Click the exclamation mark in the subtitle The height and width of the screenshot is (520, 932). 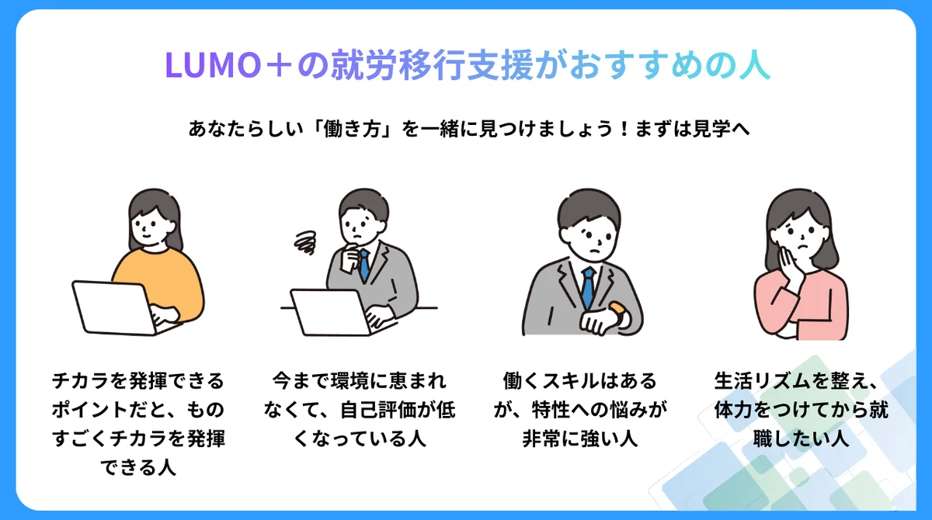623,129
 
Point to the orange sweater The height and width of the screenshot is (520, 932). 162,279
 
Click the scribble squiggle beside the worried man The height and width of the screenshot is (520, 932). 305,242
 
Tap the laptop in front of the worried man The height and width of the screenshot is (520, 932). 333,312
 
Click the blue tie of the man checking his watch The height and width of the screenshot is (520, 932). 589,288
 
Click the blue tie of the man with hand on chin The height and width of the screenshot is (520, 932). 364,265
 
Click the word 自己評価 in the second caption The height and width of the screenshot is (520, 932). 377,410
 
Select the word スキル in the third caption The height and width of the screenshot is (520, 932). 570,381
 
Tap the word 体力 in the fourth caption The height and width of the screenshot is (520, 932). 732,410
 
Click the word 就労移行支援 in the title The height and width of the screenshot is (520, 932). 432,65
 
